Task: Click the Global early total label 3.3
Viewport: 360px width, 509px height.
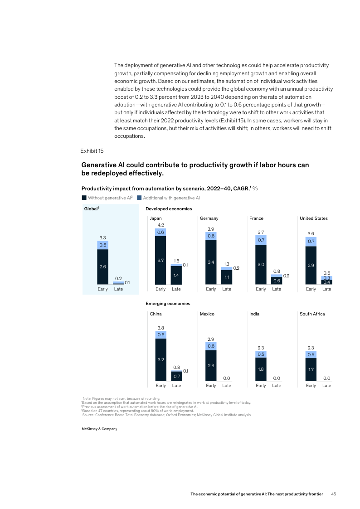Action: (x=103, y=238)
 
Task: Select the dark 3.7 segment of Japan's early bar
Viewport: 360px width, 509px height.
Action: (x=161, y=261)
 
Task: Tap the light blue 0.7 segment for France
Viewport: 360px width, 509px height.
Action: (x=261, y=239)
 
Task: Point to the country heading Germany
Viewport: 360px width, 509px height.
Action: (x=209, y=218)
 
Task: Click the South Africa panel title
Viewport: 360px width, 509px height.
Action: (x=312, y=314)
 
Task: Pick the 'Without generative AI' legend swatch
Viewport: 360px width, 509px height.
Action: (x=84, y=198)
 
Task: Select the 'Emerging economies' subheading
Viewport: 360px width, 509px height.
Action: (x=168, y=303)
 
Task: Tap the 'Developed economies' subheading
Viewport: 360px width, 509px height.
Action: (x=169, y=209)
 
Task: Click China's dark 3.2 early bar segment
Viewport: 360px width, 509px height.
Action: (x=161, y=359)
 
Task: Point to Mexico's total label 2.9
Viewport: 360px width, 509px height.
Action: (x=211, y=339)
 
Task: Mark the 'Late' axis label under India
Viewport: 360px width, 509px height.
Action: (x=277, y=386)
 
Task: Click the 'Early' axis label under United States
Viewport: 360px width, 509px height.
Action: (x=311, y=289)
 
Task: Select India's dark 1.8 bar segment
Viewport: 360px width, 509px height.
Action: (x=261, y=369)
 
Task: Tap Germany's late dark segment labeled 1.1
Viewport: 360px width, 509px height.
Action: (x=227, y=277)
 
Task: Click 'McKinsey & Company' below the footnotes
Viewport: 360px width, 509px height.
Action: (x=99, y=429)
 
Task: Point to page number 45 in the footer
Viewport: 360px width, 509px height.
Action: (x=334, y=494)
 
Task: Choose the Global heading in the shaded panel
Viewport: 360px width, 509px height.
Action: (x=92, y=209)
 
